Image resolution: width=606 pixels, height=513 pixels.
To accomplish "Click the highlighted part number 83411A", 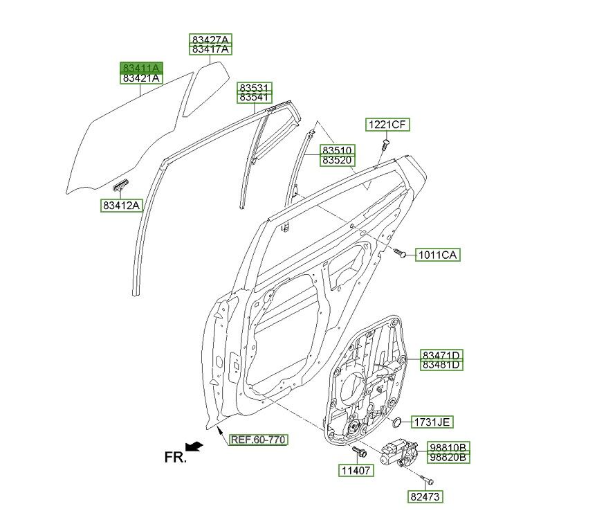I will coord(141,68).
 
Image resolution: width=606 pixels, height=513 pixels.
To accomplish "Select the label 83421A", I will coord(141,79).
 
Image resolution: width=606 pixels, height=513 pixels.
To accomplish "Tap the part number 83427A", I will coord(211,39).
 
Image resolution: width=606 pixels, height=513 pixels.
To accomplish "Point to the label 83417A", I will coord(211,49).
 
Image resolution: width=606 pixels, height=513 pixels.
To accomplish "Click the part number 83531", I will coord(255,88).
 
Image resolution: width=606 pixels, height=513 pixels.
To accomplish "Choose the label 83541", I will coord(255,98).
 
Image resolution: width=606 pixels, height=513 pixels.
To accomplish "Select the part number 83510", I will coord(337,150).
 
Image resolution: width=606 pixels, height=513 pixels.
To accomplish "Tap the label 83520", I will coord(337,160).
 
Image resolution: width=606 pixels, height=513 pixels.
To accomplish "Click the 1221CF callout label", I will coord(387,125).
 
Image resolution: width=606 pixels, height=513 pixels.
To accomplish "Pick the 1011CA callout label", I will coord(437,255).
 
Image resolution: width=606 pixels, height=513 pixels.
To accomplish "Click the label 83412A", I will coord(122,205).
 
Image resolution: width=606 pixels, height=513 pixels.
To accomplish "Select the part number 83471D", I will coord(442,354).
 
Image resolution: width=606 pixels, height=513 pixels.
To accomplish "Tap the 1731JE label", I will coord(433,422).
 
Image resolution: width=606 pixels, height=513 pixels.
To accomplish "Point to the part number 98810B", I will coord(448,447).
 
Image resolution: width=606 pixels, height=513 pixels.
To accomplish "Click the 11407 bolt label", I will coord(356,471).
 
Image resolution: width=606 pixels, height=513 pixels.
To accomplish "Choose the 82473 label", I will coord(425,496).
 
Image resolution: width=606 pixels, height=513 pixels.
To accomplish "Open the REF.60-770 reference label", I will coord(257,440).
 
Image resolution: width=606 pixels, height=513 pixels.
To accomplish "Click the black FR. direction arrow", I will coord(195,447).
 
